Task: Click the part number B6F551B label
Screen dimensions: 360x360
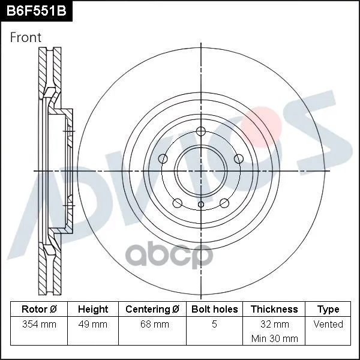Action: click(x=36, y=11)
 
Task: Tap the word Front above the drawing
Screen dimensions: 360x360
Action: click(x=25, y=37)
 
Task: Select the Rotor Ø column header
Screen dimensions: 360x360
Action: click(x=39, y=309)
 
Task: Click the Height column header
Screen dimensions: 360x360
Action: click(x=93, y=309)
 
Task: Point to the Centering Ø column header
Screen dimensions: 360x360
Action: click(x=152, y=309)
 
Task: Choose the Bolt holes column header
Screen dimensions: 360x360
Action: click(x=214, y=309)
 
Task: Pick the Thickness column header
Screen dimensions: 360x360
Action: click(x=274, y=309)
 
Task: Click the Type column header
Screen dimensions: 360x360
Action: click(x=328, y=310)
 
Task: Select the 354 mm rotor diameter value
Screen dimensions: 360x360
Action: click(x=39, y=324)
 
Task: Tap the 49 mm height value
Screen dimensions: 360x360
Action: click(x=93, y=324)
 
